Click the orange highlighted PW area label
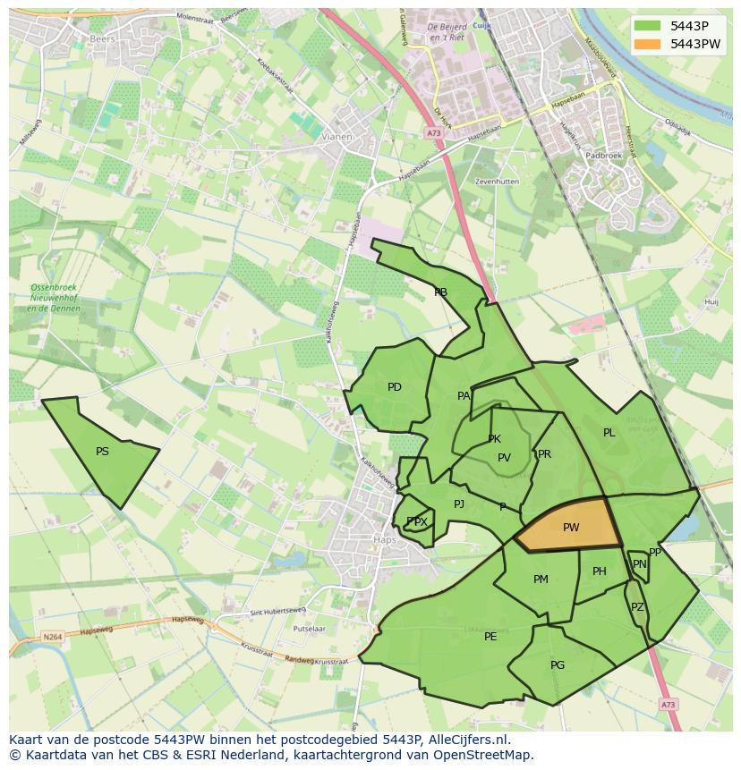tap(571, 528)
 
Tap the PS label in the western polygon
tap(102, 452)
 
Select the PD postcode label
tap(395, 387)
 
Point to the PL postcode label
tap(609, 433)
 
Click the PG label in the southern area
tap(558, 665)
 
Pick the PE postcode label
tap(490, 637)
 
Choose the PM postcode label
tap(541, 580)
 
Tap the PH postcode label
tap(600, 571)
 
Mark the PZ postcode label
tap(637, 607)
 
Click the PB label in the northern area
tap(440, 292)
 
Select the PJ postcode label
tap(459, 504)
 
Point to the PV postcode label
tap(504, 458)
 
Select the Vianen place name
tap(336, 138)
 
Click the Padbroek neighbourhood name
tap(603, 156)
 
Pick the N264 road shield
tap(52, 637)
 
